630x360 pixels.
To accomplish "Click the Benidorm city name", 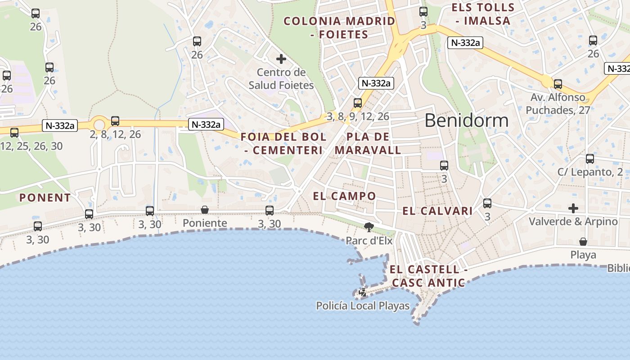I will [466, 121].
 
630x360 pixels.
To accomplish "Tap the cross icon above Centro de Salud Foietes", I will [281, 59].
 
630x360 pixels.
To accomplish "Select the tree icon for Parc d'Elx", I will [369, 227].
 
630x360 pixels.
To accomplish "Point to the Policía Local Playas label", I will [363, 306].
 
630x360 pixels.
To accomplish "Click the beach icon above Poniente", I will [205, 210].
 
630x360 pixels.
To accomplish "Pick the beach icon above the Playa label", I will [583, 242].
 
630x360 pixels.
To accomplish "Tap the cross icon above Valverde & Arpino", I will [573, 208].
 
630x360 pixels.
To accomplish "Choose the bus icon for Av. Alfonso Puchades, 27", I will [558, 84].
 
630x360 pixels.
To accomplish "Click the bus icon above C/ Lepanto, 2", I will [590, 159].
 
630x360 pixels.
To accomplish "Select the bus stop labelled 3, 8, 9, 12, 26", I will [358, 103].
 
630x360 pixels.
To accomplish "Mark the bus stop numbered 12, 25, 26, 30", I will [14, 133].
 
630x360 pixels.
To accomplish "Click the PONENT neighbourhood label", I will [45, 198].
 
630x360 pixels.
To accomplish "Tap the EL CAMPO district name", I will [344, 196].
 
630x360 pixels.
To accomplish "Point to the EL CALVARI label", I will [437, 211].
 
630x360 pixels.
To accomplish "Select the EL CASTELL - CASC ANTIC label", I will [428, 276].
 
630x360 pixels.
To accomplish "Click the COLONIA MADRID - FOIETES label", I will [339, 27].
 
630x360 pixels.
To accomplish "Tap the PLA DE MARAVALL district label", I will [368, 144].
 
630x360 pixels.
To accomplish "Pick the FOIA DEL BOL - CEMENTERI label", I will [283, 144].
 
